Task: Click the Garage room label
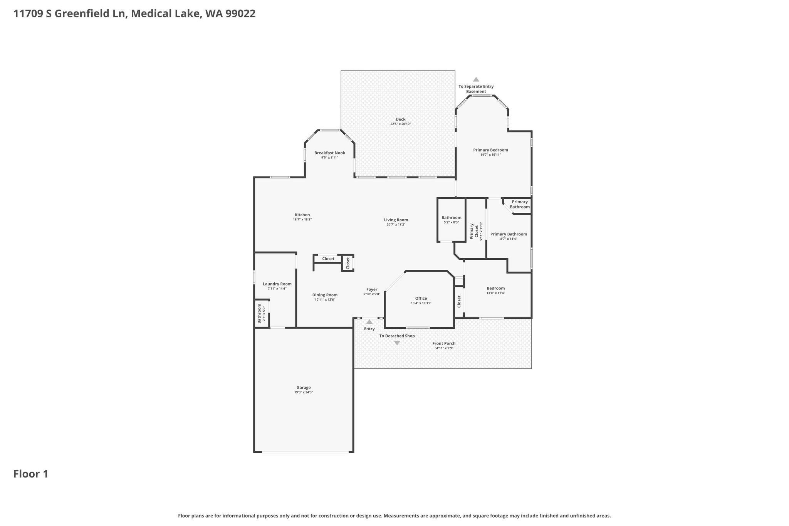pyautogui.click(x=304, y=388)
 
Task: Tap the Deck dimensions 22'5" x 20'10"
pyautogui.click(x=401, y=124)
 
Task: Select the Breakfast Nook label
pyautogui.click(x=330, y=153)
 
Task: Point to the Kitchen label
pyautogui.click(x=302, y=215)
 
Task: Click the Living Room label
pyautogui.click(x=396, y=220)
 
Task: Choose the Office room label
pyautogui.click(x=421, y=298)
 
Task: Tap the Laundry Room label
pyautogui.click(x=277, y=284)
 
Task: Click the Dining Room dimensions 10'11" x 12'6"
pyautogui.click(x=325, y=300)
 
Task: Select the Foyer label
pyautogui.click(x=372, y=289)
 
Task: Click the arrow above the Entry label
pyautogui.click(x=369, y=322)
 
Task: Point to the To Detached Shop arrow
pyautogui.click(x=397, y=343)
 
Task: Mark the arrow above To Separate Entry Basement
pyautogui.click(x=476, y=79)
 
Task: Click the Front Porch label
pyautogui.click(x=444, y=343)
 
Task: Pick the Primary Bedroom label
pyautogui.click(x=491, y=150)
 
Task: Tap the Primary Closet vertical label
pyautogui.click(x=474, y=231)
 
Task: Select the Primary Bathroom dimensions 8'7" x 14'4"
pyautogui.click(x=509, y=239)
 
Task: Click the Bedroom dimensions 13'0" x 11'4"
pyautogui.click(x=496, y=293)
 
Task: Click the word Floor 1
pyautogui.click(x=31, y=474)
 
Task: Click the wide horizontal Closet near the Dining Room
pyautogui.click(x=328, y=259)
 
